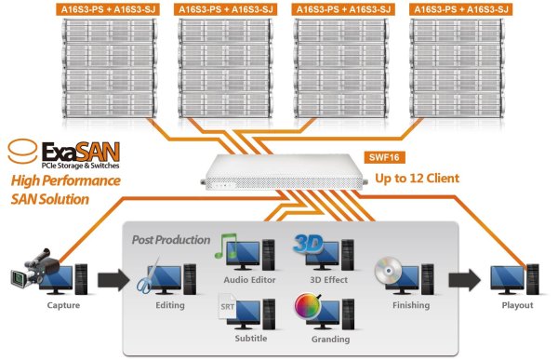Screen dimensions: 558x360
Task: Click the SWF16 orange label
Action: click(x=384, y=157)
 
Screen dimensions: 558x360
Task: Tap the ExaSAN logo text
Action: click(x=81, y=152)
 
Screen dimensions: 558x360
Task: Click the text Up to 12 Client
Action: click(x=417, y=178)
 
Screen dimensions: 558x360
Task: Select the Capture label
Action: click(x=63, y=305)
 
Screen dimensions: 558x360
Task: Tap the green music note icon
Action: click(x=225, y=246)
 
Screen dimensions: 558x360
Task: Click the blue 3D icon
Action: click(x=308, y=245)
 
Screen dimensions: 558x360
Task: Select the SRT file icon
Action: click(x=227, y=306)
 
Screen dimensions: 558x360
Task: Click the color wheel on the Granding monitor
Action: click(x=308, y=305)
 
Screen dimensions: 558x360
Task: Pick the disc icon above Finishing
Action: click(x=388, y=271)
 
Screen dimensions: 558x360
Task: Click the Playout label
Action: click(x=517, y=305)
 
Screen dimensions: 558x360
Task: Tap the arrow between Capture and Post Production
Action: click(x=113, y=280)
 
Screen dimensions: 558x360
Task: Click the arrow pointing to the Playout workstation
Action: click(x=464, y=280)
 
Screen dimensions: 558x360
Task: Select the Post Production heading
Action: click(x=171, y=240)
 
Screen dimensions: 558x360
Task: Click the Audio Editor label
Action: click(x=249, y=280)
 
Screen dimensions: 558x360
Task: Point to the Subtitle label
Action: click(x=251, y=339)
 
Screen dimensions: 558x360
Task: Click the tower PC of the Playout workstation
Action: click(x=533, y=279)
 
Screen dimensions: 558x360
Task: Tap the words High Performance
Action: click(x=66, y=180)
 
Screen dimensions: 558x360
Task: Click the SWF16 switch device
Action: click(x=284, y=172)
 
